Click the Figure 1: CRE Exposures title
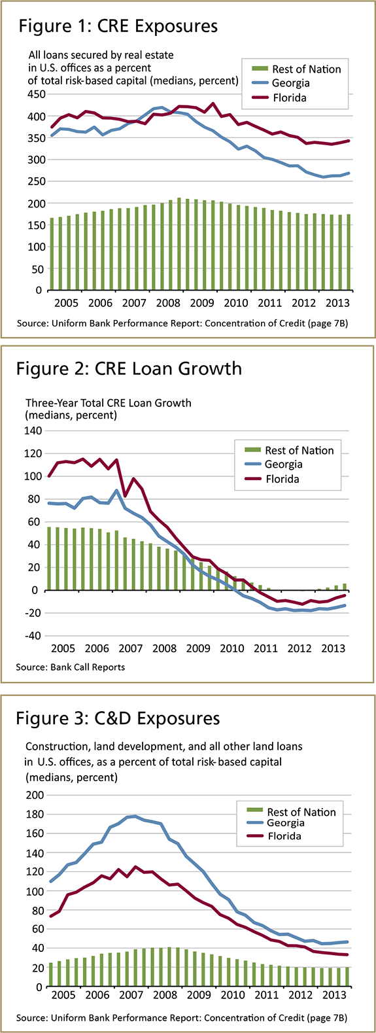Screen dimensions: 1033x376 click(x=118, y=26)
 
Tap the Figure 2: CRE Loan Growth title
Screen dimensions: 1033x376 click(x=129, y=369)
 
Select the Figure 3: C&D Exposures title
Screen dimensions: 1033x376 click(x=118, y=718)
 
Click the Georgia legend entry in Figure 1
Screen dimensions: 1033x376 click(x=290, y=83)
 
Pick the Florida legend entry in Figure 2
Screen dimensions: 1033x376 click(x=282, y=479)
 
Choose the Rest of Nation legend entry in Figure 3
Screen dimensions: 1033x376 click(x=301, y=812)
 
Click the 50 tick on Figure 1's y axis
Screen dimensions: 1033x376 click(x=38, y=269)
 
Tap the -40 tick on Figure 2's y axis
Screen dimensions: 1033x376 click(x=33, y=636)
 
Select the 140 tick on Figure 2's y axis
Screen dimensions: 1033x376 click(x=33, y=430)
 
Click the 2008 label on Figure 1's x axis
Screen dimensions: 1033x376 click(x=168, y=303)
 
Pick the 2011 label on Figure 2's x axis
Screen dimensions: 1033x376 click(x=265, y=648)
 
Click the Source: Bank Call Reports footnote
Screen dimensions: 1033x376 click(x=71, y=667)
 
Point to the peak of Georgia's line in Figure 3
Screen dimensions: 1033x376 click(x=135, y=816)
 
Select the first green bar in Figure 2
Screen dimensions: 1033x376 click(x=49, y=558)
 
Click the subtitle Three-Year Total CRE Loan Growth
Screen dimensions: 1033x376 click(x=108, y=403)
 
